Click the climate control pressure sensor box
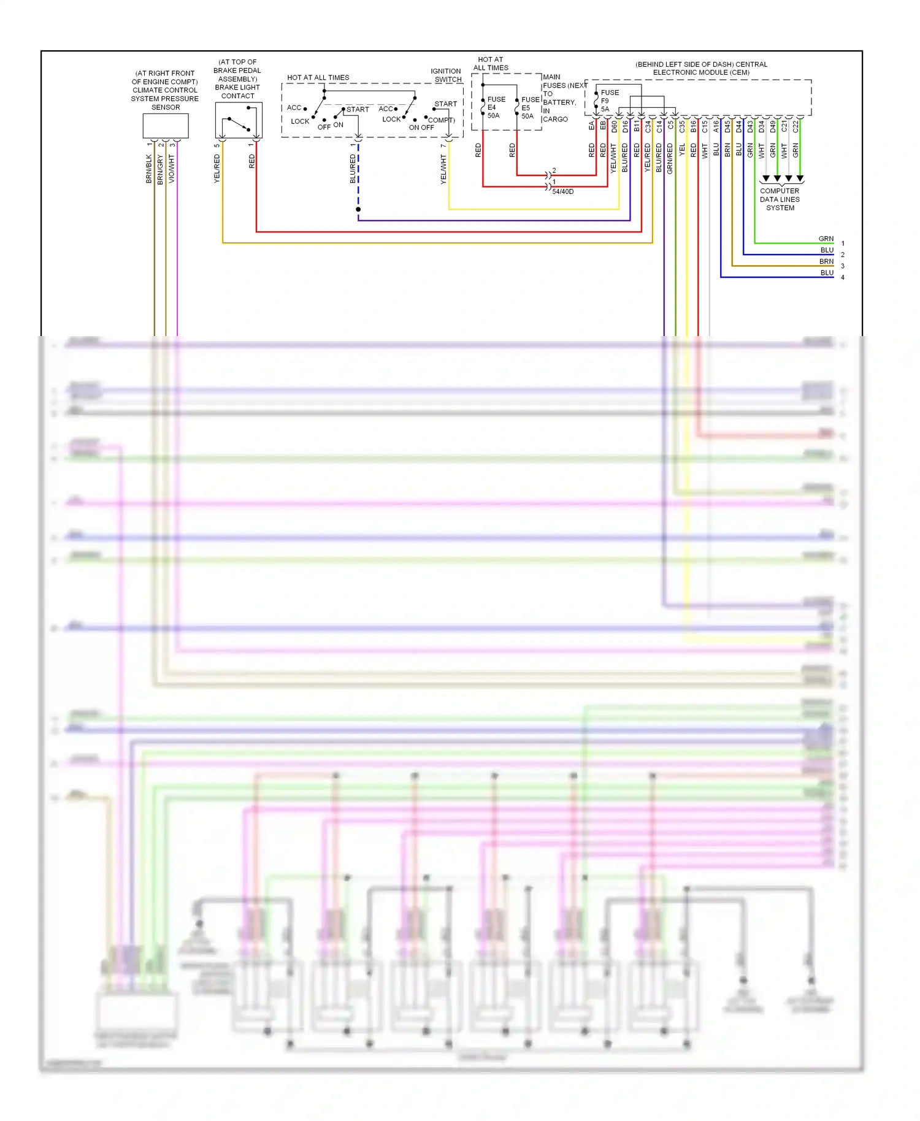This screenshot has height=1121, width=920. [x=166, y=126]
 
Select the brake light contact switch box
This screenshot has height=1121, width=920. [x=239, y=120]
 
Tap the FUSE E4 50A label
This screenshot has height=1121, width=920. [x=494, y=107]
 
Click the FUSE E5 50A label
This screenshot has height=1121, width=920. [x=529, y=107]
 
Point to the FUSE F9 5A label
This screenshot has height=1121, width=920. [x=608, y=101]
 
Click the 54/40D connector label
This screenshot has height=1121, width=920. [x=562, y=192]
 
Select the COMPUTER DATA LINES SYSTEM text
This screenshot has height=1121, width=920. [x=780, y=199]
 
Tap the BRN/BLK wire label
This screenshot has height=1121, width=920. [x=149, y=169]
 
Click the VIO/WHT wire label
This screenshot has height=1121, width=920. [x=172, y=168]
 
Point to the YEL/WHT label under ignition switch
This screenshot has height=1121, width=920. [x=443, y=169]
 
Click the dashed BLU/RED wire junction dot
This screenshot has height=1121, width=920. [x=358, y=210]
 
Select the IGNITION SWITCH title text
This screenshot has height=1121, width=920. [x=446, y=75]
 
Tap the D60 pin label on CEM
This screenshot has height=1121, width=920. [x=614, y=126]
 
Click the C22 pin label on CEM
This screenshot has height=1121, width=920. [x=795, y=126]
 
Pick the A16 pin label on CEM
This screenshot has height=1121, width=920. [x=716, y=126]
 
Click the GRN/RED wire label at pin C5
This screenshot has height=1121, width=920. [x=670, y=158]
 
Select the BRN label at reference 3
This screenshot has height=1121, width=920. [x=826, y=262]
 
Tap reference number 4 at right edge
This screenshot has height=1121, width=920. [x=843, y=278]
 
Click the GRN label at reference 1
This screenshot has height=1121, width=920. [x=826, y=239]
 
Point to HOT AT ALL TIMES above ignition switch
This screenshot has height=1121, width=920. [x=318, y=78]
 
